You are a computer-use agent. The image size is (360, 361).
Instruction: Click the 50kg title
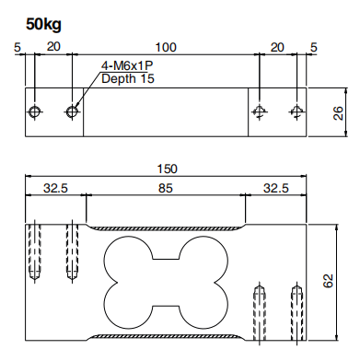coord(43,24)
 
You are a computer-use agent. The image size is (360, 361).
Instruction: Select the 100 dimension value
coord(166,47)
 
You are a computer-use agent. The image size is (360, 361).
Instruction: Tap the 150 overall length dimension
coord(167,169)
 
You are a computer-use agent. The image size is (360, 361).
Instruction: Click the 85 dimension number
coord(166,188)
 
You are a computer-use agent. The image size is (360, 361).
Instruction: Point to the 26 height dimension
coord(338,113)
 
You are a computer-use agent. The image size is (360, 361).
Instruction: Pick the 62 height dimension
coord(328,281)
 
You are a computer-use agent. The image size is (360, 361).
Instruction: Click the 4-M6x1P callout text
coord(127,65)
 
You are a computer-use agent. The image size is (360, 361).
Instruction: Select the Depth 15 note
coord(128,78)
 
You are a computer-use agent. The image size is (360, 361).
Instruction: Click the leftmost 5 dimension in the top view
coord(17,48)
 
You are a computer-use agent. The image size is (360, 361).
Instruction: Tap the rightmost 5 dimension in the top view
coord(313,48)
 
